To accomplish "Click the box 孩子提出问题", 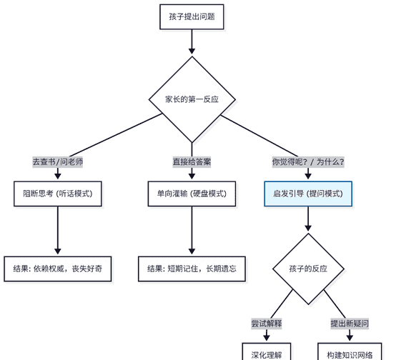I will point(192,16).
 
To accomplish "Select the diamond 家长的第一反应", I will point(192,99).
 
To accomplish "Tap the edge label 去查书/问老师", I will point(58,162).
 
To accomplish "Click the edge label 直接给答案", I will point(192,162).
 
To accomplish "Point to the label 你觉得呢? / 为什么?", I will point(308,162).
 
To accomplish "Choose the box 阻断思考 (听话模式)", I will point(58,194).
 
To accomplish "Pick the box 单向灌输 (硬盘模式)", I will point(192,194).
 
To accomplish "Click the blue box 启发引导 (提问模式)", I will point(308,194).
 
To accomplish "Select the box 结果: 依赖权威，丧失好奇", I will point(58,269).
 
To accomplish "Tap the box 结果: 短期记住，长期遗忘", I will point(192,269).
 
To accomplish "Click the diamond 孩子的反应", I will point(308,269).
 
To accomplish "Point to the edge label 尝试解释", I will point(267,324).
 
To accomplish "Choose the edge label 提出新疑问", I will point(350,324).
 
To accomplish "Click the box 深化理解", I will point(267,354).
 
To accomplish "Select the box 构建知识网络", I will point(350,354).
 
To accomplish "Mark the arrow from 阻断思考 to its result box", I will point(58,230).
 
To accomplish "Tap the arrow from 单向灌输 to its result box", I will point(192,230).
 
